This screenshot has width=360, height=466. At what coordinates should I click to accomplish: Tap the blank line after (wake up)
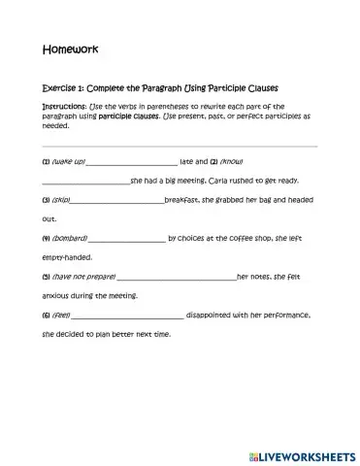tap(132, 163)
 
